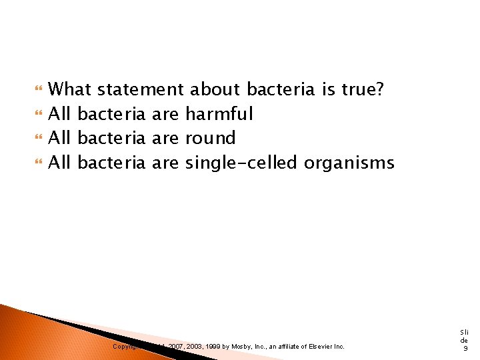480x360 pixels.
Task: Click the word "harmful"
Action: (x=219, y=114)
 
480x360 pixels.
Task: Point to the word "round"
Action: (x=211, y=138)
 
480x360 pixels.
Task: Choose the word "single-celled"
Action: (x=241, y=162)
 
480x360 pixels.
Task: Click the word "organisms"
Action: (x=349, y=162)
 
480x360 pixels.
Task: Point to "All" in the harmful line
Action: (x=60, y=114)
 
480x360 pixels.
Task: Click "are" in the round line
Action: (x=165, y=138)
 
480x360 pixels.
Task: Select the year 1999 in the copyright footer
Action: (x=213, y=347)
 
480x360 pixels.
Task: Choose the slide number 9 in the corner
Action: (x=465, y=348)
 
